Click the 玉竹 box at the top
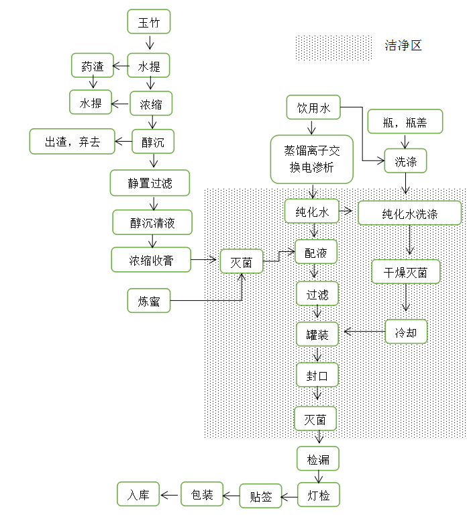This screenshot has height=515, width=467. click(149, 21)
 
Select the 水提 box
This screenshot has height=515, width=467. click(149, 66)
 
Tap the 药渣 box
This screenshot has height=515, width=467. click(93, 66)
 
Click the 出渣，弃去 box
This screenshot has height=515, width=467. click(72, 142)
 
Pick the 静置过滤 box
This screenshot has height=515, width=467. click(150, 183)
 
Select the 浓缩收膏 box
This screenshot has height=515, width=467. click(151, 261)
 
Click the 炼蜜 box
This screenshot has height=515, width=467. click(149, 301)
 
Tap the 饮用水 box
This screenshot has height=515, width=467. click(313, 107)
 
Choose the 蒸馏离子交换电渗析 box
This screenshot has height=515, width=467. click(312, 159)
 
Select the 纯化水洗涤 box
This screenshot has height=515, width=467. click(410, 214)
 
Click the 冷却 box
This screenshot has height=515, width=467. click(406, 332)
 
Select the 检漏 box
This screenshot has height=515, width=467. click(318, 459)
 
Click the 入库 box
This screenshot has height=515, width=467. click(138, 495)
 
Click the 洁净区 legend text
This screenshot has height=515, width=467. click(403, 46)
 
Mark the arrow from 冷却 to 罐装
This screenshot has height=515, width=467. click(364, 331)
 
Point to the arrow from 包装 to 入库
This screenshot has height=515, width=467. click(170, 496)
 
